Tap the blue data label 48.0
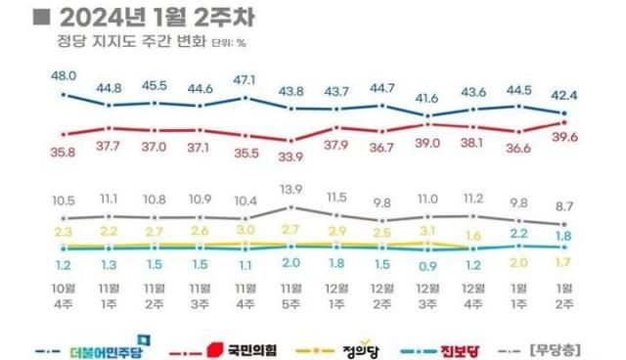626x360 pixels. click(x=64, y=76)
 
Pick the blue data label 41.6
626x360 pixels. click(x=426, y=98)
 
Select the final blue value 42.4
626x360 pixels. click(x=563, y=96)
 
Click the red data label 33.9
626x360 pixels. click(x=291, y=156)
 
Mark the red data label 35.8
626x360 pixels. click(x=64, y=152)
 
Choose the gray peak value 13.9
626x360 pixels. click(x=291, y=188)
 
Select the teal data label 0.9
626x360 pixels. click(x=426, y=266)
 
